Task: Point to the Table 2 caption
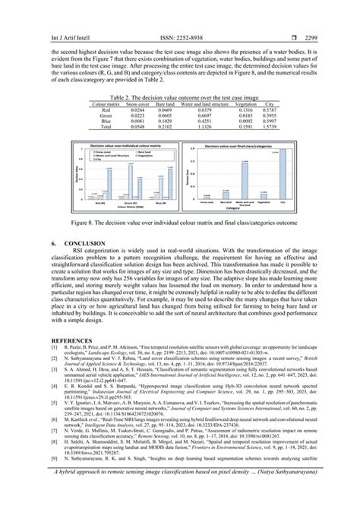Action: (x=180, y=99)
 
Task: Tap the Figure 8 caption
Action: (x=180, y=224)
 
